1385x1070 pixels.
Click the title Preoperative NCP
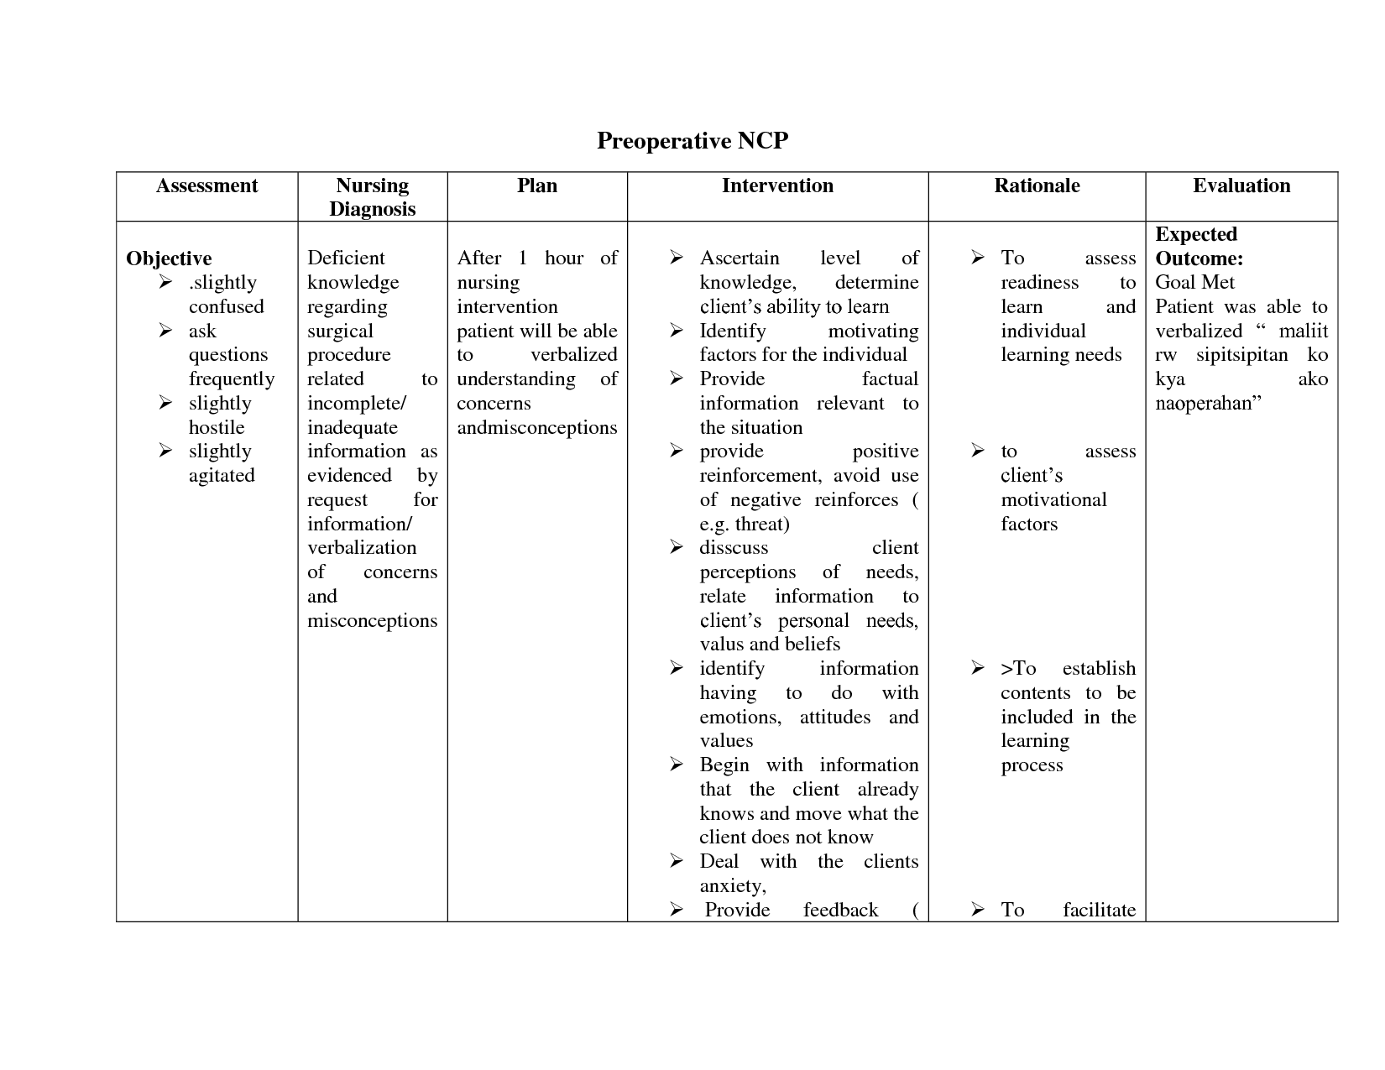(692, 141)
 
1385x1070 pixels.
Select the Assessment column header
(206, 186)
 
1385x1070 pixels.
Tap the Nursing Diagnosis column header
(372, 197)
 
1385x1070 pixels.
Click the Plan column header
(537, 186)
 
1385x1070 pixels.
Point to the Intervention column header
(777, 186)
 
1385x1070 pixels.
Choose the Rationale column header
(1037, 186)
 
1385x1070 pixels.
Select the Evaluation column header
(1241, 186)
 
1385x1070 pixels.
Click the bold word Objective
(169, 258)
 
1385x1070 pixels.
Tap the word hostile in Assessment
(217, 427)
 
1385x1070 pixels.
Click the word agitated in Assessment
(222, 476)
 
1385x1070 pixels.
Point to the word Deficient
(346, 258)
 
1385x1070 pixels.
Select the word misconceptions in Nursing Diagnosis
(372, 621)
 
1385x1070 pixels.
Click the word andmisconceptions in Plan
(537, 428)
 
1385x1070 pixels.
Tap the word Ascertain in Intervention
(740, 258)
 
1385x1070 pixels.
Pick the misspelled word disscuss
(734, 548)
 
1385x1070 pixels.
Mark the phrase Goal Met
(1195, 283)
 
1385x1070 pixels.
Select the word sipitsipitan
(1241, 355)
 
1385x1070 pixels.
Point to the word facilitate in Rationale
(1099, 911)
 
